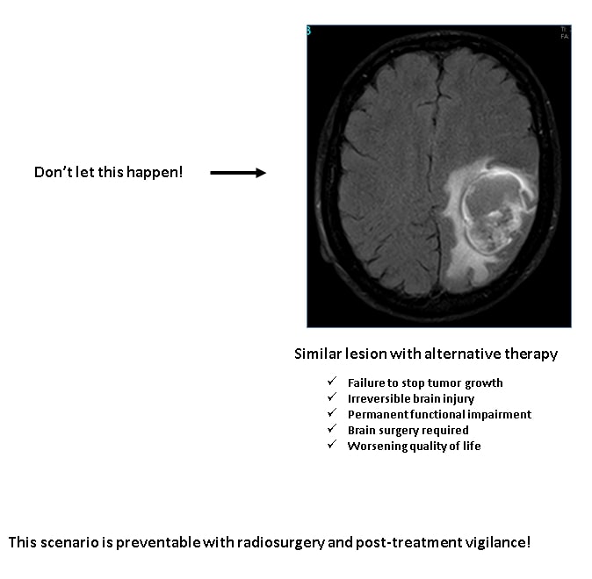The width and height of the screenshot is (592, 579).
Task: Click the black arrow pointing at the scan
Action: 238,173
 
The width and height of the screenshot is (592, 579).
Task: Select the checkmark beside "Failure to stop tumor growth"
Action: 332,382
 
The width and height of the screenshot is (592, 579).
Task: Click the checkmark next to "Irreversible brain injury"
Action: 332,397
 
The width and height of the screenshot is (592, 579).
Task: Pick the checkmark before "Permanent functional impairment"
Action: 332,413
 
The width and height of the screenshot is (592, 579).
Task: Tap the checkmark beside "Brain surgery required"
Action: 332,429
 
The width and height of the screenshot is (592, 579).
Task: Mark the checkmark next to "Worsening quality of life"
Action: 332,445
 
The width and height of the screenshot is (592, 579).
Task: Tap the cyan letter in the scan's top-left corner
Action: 308,30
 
